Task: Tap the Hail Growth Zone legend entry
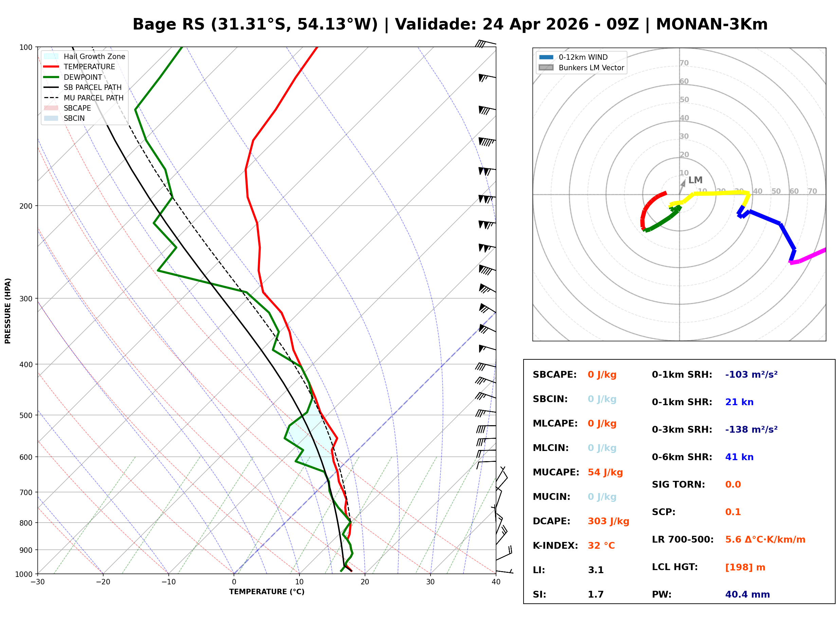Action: pyautogui.click(x=94, y=56)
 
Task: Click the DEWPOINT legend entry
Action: pyautogui.click(x=83, y=77)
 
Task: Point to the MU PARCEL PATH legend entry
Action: pyautogui.click(x=93, y=98)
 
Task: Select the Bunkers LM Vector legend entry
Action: pyautogui.click(x=591, y=68)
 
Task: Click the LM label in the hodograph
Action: pyautogui.click(x=695, y=180)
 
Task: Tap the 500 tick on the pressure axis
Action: pyautogui.click(x=25, y=415)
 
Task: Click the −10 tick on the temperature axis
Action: pyautogui.click(x=168, y=582)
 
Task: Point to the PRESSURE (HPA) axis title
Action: pyautogui.click(x=8, y=310)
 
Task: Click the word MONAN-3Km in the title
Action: pyautogui.click(x=711, y=24)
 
